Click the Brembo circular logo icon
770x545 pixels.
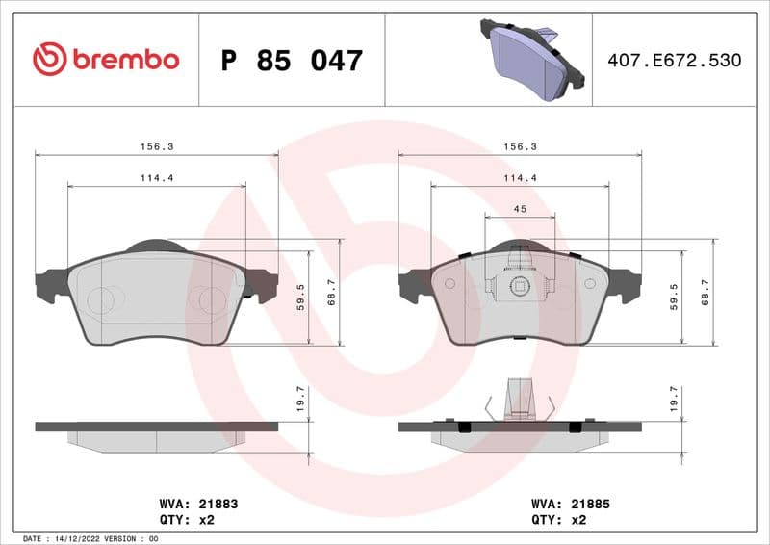tap(49, 60)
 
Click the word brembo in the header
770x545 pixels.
tap(124, 60)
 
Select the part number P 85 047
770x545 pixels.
tap(292, 61)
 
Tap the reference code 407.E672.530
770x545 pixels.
tap(674, 61)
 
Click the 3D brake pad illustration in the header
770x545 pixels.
tap(532, 59)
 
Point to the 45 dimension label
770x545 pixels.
tap(519, 209)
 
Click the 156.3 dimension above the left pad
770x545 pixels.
tap(156, 146)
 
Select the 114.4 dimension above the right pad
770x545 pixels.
tap(520, 178)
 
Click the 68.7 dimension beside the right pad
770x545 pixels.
tap(706, 291)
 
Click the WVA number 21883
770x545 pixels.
tap(218, 504)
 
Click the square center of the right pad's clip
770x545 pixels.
tap(520, 284)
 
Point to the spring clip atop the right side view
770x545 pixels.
tap(520, 398)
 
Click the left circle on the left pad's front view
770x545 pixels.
tap(99, 300)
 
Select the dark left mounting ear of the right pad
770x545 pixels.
tap(415, 285)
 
